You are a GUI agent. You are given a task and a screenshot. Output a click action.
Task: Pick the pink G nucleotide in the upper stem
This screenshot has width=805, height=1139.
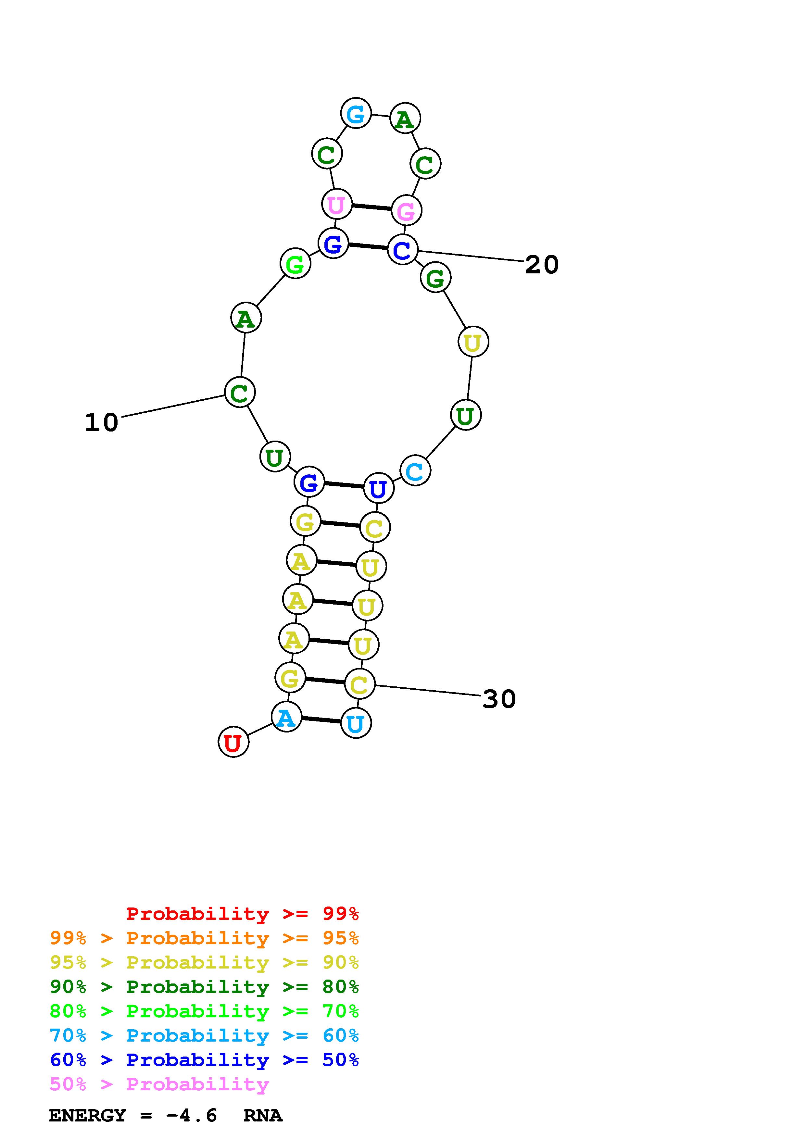pyautogui.click(x=407, y=210)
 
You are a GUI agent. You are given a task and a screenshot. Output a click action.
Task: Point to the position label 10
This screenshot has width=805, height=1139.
pyautogui.click(x=102, y=423)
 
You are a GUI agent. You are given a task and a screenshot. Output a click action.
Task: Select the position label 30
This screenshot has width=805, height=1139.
pyautogui.click(x=499, y=699)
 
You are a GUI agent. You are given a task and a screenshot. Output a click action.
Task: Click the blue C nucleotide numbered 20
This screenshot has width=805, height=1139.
pyautogui.click(x=403, y=250)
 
